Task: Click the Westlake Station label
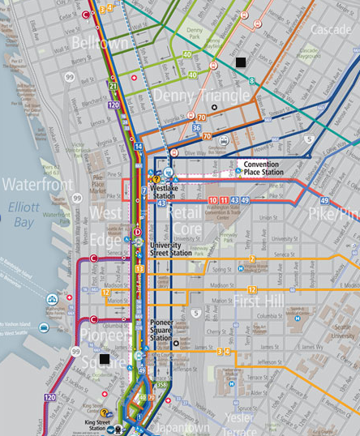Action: (x=165, y=192)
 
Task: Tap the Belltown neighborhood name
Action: (x=100, y=42)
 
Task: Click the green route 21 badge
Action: (x=113, y=87)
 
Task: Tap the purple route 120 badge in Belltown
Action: (x=113, y=105)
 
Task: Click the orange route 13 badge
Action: (x=139, y=268)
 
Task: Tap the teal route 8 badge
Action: (x=252, y=80)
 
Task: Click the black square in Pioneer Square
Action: (x=103, y=358)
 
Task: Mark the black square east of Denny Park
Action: (x=238, y=62)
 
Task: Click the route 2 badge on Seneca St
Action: (x=252, y=259)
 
